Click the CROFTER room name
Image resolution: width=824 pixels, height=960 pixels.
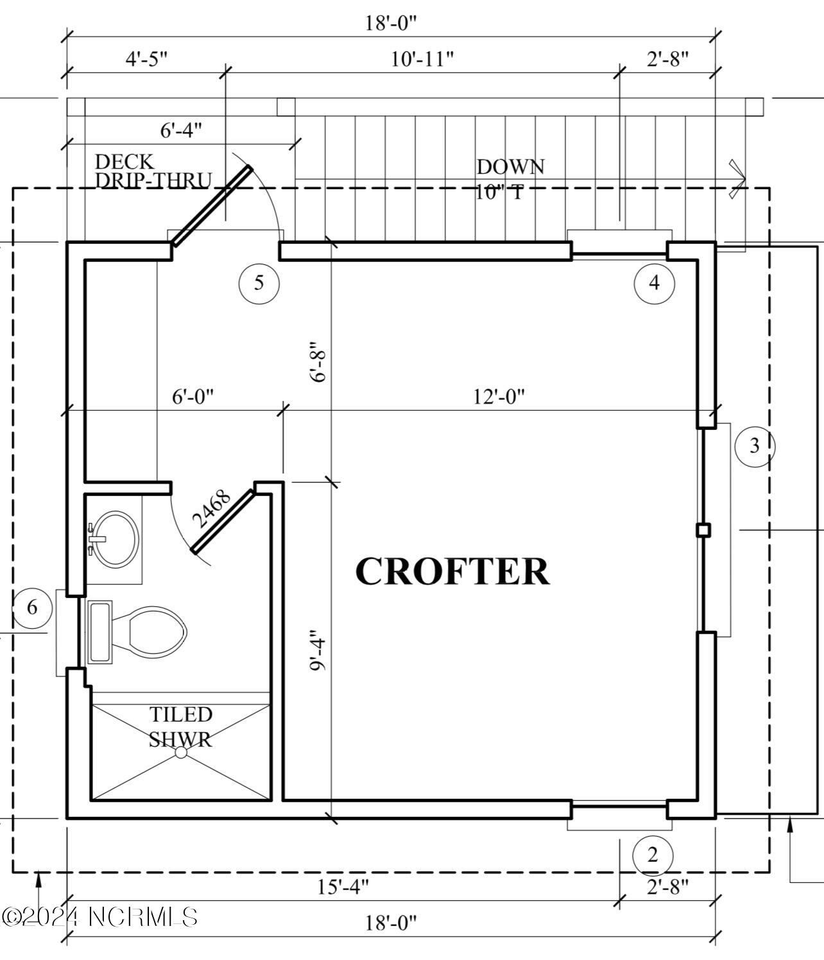coord(452,571)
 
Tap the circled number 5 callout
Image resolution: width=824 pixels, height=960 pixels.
coord(259,282)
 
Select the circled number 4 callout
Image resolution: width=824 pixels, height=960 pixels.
coord(654,282)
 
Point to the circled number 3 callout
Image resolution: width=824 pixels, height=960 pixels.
coord(755,445)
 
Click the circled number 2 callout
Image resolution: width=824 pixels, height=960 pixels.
coord(653,855)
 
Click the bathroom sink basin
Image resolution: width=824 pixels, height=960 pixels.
coord(116,538)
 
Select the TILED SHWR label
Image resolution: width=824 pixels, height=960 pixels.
coord(180,726)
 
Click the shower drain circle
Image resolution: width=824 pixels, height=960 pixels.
coord(182,752)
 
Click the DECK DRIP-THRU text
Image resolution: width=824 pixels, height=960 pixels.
coord(152,171)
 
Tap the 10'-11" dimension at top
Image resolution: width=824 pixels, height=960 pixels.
coord(422,59)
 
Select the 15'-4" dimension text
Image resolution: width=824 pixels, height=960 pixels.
coord(343,887)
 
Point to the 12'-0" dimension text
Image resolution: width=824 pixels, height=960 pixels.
coord(499,397)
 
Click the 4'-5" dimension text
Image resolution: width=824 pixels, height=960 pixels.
coord(146,59)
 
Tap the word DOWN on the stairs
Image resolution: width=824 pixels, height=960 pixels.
coord(510,167)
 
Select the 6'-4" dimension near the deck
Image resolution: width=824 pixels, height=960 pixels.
coord(181,130)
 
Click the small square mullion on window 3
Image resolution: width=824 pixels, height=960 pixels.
coord(703,529)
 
